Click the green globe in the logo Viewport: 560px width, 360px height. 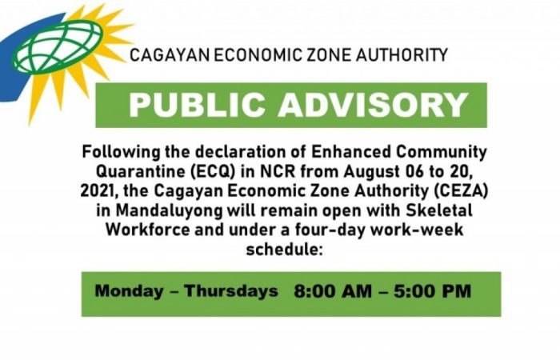coord(58,46)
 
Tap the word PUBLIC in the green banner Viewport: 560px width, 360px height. coord(197,105)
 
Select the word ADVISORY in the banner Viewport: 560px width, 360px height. coord(374,105)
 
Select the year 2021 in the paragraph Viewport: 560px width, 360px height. coord(99,191)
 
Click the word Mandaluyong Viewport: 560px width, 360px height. coord(169,210)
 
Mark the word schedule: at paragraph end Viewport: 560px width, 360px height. coord(284,249)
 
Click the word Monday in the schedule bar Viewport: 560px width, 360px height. coord(130,290)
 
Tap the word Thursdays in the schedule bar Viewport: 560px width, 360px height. coord(231,290)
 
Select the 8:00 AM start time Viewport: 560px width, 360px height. coord(333,291)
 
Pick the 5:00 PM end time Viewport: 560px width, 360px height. coord(433,291)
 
